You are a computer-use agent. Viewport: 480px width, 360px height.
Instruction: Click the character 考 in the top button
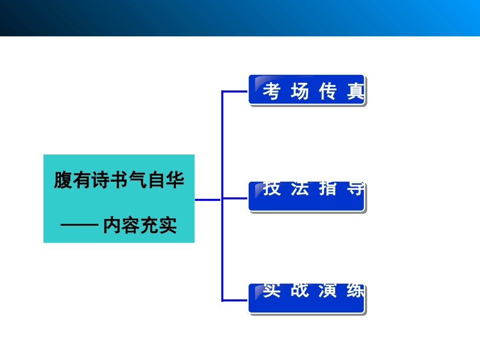[271, 92]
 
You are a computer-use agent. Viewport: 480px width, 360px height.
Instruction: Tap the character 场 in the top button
[300, 92]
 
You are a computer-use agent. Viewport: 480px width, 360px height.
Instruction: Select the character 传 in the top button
[327, 92]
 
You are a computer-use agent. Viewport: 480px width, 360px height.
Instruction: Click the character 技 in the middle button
[271, 189]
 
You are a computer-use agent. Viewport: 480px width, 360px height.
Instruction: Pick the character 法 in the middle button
[300, 189]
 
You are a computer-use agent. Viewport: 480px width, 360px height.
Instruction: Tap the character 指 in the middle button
[327, 189]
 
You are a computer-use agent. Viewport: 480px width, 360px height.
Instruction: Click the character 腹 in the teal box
[63, 180]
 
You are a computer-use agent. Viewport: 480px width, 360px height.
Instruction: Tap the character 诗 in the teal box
[101, 180]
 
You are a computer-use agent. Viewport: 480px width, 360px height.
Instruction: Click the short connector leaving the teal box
[208, 199]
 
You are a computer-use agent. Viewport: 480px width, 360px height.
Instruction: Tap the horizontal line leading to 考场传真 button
[235, 92]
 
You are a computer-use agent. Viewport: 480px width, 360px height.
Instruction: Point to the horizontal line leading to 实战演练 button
[235, 300]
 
